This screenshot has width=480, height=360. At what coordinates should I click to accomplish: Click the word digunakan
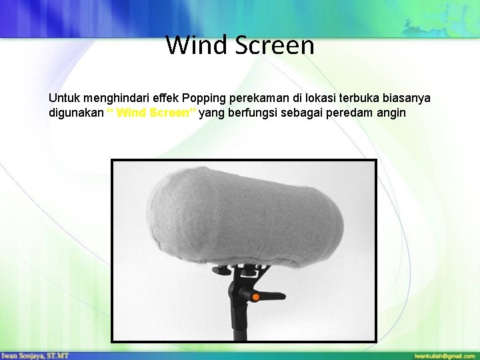pos(76,113)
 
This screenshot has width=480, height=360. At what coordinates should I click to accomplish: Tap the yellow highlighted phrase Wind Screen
pos(151,113)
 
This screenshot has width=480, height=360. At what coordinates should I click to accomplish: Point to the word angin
pos(391,113)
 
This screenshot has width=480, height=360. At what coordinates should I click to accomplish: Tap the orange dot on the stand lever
pos(254,294)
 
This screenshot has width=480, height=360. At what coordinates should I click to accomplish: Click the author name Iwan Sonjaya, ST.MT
pos(35,356)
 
